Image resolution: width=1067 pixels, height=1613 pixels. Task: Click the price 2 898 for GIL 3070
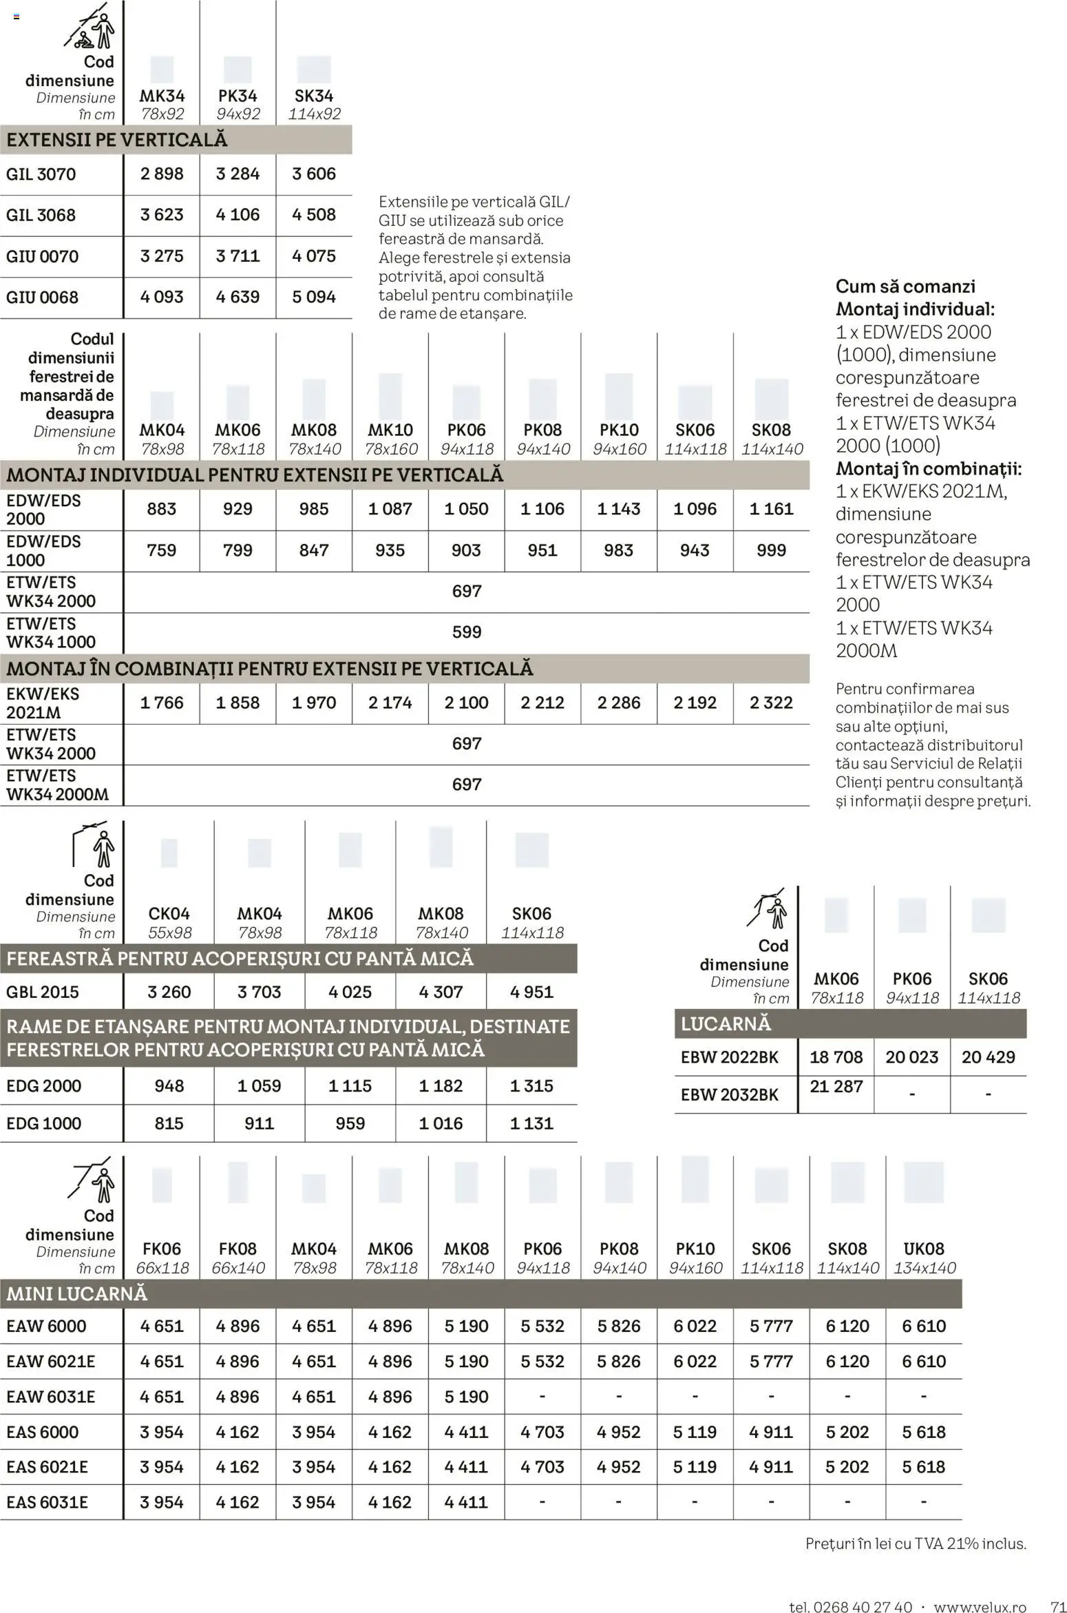point(162,174)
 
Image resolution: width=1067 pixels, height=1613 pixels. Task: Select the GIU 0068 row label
point(42,298)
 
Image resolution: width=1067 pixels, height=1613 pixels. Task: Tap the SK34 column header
point(314,96)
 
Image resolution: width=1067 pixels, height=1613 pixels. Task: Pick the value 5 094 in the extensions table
point(314,297)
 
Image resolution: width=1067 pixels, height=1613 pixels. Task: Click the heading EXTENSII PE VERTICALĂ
point(117,140)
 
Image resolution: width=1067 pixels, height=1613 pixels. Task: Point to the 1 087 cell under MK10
point(390,509)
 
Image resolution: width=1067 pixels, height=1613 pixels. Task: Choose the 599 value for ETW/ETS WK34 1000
point(466,632)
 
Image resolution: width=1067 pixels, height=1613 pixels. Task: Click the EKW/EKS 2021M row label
point(43,703)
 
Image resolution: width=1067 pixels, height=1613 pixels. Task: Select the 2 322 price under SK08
point(771,703)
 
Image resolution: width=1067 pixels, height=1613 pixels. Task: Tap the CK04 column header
point(169,914)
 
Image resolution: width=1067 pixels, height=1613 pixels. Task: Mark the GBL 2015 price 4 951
point(531,992)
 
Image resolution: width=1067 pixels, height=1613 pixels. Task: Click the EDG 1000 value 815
point(169,1123)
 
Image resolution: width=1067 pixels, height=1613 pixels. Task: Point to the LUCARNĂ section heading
point(726,1024)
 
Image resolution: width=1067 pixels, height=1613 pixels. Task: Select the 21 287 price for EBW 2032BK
point(836,1087)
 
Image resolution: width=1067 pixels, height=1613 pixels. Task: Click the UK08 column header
point(924,1249)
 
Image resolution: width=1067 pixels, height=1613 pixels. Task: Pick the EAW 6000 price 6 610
point(924,1326)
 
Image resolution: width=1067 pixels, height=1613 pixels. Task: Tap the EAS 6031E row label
point(47,1502)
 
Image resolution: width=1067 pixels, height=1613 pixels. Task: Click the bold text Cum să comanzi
point(905,287)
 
